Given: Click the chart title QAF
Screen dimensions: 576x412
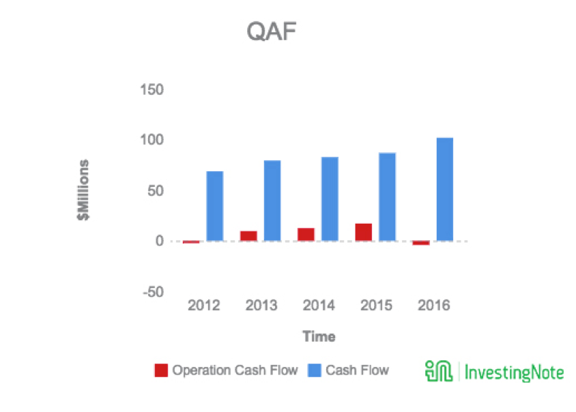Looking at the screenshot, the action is click(272, 31).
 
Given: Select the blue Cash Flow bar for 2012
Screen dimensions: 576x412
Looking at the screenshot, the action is click(215, 206).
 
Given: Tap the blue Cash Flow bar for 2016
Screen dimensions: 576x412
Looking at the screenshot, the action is click(445, 190).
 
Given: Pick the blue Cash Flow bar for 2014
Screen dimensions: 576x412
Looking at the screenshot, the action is click(330, 199).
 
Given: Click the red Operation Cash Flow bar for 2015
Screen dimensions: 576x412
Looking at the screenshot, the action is click(364, 232).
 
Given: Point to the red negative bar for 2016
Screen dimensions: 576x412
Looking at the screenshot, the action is click(421, 243).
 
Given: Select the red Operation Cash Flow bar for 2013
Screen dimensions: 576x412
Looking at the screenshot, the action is click(248, 236).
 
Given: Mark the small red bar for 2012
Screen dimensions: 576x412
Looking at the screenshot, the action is click(191, 242).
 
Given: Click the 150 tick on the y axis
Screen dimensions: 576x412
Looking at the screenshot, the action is click(152, 89).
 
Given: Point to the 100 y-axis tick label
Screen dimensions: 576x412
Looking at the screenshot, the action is click(152, 140).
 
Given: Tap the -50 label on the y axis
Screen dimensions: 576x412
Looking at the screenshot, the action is click(153, 292).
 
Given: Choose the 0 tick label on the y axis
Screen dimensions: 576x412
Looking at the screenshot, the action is click(160, 241).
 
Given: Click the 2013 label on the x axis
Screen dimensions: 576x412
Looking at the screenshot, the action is click(261, 305).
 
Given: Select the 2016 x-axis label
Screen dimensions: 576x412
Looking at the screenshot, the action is click(434, 305).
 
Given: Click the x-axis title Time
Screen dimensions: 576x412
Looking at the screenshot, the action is click(319, 336).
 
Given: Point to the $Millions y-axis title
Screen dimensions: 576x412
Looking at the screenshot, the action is click(83, 190).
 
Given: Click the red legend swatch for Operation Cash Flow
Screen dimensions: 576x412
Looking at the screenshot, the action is click(161, 370).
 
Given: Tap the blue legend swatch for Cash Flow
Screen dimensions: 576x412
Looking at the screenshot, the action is click(315, 370).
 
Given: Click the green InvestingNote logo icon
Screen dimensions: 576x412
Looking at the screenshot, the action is click(439, 371).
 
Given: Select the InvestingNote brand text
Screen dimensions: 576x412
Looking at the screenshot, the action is click(514, 372).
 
